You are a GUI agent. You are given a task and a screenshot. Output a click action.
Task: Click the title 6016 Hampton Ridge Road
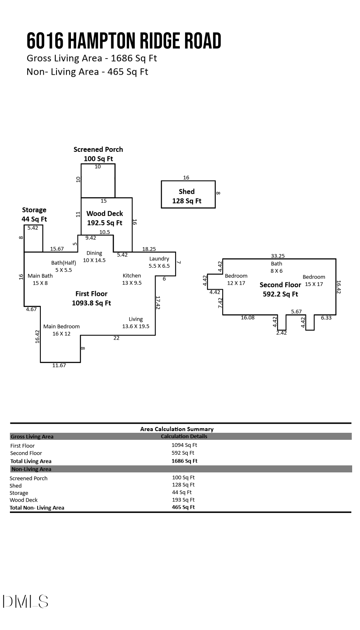coord(124,41)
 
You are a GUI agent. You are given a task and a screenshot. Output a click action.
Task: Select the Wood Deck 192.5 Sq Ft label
coord(105,218)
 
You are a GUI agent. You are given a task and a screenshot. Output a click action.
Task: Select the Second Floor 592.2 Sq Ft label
coord(280,289)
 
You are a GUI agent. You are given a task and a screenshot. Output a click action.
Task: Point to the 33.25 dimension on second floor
coord(278,256)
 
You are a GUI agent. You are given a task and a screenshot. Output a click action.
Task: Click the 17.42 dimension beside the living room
coord(158,302)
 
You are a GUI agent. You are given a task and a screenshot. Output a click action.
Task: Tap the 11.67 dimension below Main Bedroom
coord(59,366)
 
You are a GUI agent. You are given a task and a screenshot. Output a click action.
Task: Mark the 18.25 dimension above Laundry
coord(149,249)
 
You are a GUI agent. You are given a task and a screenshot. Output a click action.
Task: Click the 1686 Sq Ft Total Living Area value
coord(184,461)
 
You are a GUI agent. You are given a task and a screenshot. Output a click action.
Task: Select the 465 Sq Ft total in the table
coord(183,507)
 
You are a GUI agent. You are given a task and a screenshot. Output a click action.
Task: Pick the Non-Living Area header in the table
coord(31,469)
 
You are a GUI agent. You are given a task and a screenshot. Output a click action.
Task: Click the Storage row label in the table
coord(19,493)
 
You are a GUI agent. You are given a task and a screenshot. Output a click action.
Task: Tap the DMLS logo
coord(26,602)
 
